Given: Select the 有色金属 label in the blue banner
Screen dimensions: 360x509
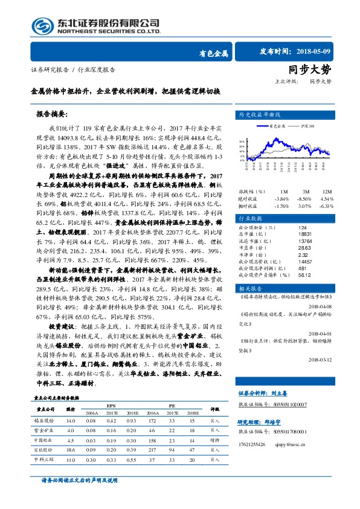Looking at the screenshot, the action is [213, 54].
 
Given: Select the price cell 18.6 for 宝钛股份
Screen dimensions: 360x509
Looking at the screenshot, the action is [71, 450].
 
